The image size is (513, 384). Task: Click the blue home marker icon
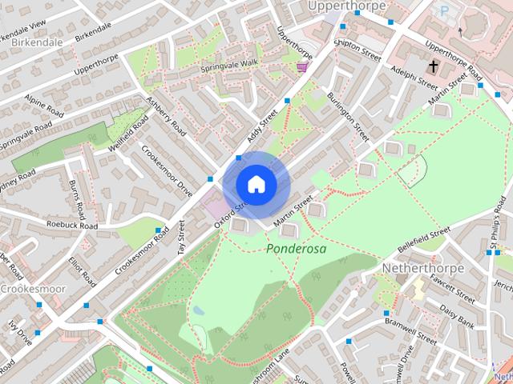[256, 185]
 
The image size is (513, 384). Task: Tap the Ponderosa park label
[297, 249]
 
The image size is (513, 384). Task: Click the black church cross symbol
[434, 65]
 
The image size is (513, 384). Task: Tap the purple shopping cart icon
[302, 66]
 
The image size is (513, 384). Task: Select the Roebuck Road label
[71, 226]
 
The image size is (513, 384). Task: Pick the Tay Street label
[181, 238]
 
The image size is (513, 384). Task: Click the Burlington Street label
[348, 116]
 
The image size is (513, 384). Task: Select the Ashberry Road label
[166, 117]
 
